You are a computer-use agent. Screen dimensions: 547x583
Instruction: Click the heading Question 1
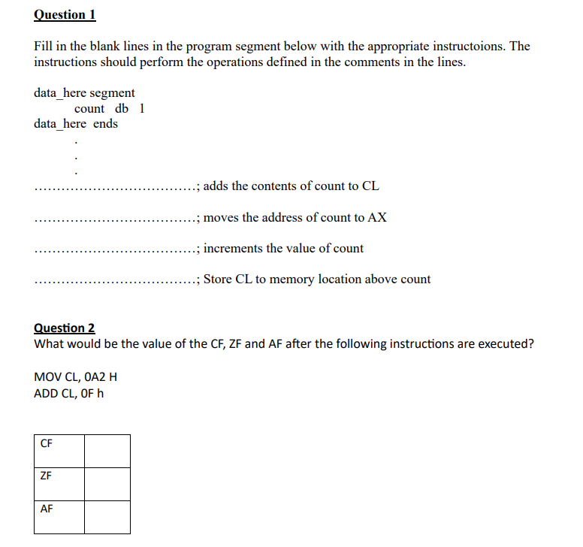tap(65, 14)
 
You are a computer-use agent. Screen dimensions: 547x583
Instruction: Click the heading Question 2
tap(65, 328)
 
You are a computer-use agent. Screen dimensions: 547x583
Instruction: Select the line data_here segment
tap(84, 93)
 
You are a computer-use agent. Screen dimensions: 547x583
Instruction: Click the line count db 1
tap(110, 108)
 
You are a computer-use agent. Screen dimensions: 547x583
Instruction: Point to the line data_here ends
tap(76, 123)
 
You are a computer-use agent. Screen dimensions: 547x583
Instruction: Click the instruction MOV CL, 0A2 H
tap(75, 376)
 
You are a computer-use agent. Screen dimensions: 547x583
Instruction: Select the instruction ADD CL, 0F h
tap(69, 393)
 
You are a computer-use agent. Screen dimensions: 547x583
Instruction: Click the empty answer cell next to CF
tap(107, 451)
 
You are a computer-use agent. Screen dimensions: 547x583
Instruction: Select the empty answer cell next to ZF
tap(107, 484)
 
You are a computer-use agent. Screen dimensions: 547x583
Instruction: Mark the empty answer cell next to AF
tap(107, 517)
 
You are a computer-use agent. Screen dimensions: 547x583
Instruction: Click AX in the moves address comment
tap(378, 218)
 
